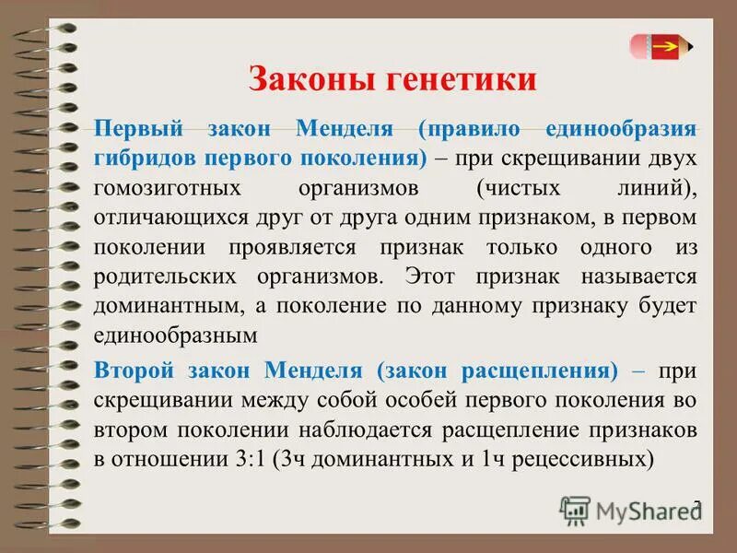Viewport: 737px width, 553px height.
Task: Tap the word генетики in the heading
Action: point(459,78)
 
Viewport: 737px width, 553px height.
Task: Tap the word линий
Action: point(655,188)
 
